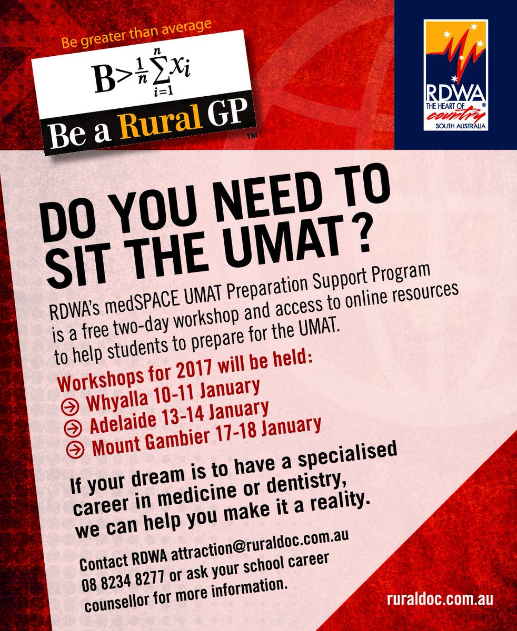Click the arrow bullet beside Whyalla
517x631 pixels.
[75, 406]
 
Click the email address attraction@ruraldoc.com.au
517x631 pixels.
[253, 541]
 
